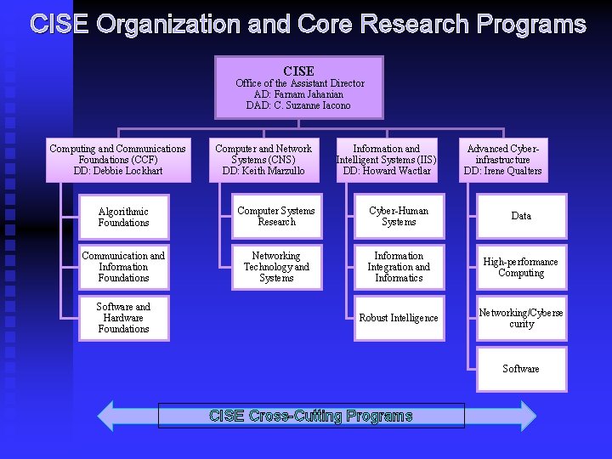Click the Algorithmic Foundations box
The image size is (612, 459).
[123, 217]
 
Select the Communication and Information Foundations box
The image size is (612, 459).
[123, 267]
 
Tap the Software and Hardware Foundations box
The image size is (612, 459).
[123, 318]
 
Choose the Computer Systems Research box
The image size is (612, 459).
[276, 217]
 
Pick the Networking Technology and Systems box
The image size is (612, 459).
[276, 267]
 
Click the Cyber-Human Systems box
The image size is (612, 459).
[399, 217]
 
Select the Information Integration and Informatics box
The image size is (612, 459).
[399, 267]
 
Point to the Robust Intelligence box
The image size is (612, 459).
[399, 318]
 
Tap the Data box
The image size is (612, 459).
[521, 217]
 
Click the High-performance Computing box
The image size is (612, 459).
[521, 268]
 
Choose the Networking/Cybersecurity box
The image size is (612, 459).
[521, 318]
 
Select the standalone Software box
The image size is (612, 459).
[521, 369]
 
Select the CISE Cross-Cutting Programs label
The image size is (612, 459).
[311, 416]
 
